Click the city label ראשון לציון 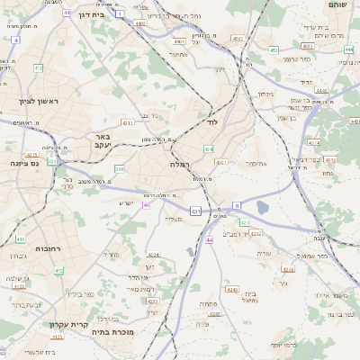pyautogui.click(x=37, y=101)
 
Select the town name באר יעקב pyautogui.click(x=101, y=140)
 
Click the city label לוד pyautogui.click(x=213, y=121)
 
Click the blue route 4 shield pyautogui.click(x=16, y=40)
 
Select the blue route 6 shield pyautogui.click(x=237, y=205)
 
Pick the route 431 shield pyautogui.click(x=195, y=211)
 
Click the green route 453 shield pyautogui.click(x=273, y=50)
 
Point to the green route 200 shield pyautogui.click(x=120, y=168)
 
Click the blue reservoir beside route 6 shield pyautogui.click(x=262, y=208)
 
